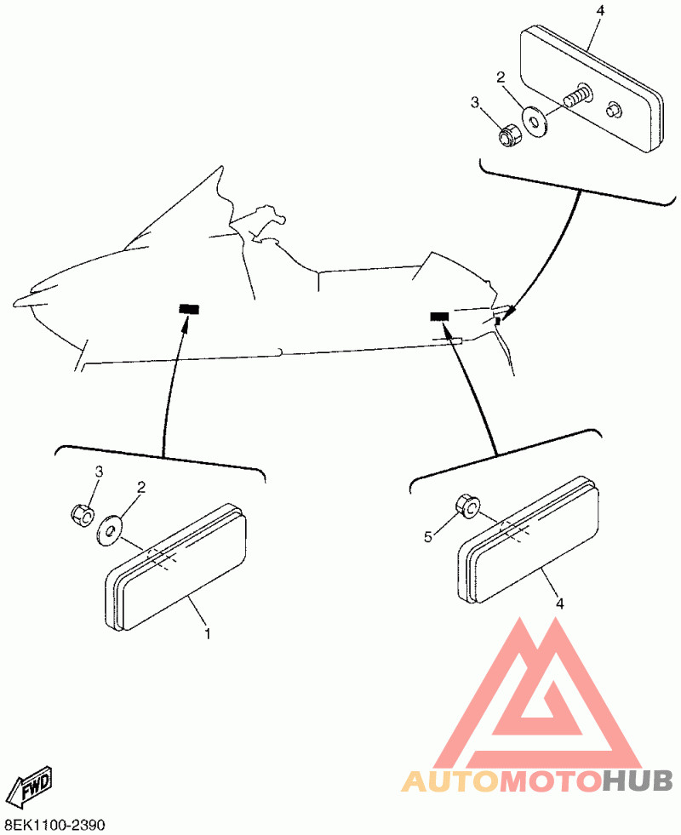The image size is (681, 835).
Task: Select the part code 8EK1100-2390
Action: [54, 825]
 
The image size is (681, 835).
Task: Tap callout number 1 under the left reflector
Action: [207, 633]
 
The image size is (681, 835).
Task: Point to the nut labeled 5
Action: [466, 506]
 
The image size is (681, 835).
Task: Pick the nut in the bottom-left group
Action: [81, 513]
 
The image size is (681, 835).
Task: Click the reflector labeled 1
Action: [179, 572]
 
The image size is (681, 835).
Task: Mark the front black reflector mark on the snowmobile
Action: [187, 308]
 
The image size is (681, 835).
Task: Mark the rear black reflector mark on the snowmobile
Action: [439, 317]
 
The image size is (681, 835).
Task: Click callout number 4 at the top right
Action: [600, 10]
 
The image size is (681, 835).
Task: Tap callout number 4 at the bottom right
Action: [559, 603]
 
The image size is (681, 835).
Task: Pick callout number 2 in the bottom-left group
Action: [141, 488]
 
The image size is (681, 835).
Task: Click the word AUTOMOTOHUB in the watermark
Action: [537, 780]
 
